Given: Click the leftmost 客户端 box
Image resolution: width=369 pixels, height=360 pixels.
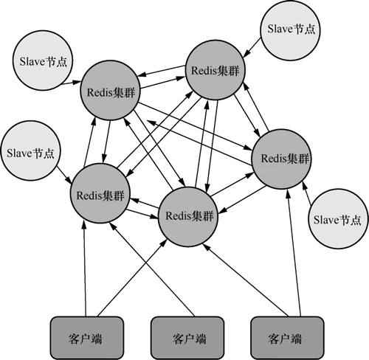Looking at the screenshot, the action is [87, 338].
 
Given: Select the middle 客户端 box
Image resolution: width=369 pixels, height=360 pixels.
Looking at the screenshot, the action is [187, 338].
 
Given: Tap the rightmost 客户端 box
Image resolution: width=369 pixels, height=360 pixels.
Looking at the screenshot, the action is [287, 338].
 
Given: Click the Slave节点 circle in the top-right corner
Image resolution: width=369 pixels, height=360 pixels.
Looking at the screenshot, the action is [291, 30].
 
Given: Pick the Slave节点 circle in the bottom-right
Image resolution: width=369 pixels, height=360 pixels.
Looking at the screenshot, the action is [338, 219].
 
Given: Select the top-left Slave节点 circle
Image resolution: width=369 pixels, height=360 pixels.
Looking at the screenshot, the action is [43, 60].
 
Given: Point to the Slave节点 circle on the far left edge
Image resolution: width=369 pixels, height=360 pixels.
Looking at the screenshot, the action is [30, 151].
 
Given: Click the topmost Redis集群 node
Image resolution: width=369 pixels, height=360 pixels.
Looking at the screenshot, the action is [215, 70].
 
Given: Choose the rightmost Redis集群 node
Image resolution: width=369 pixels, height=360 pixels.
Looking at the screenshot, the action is [282, 159].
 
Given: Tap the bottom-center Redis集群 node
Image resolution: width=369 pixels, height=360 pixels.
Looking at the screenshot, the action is [188, 217].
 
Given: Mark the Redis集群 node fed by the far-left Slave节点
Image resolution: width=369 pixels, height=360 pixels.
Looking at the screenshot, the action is [100, 193].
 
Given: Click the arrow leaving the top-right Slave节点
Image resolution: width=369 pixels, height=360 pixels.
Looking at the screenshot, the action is [252, 48].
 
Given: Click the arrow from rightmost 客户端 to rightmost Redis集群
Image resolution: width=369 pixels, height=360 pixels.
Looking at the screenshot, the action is [294, 253].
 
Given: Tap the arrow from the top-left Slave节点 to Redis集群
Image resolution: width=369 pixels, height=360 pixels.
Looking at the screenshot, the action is [71, 83].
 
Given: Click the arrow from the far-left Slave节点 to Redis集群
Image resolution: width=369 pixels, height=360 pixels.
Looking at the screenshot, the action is [64, 175].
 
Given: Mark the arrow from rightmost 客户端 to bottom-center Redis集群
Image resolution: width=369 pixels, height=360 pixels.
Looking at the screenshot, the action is [246, 280].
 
